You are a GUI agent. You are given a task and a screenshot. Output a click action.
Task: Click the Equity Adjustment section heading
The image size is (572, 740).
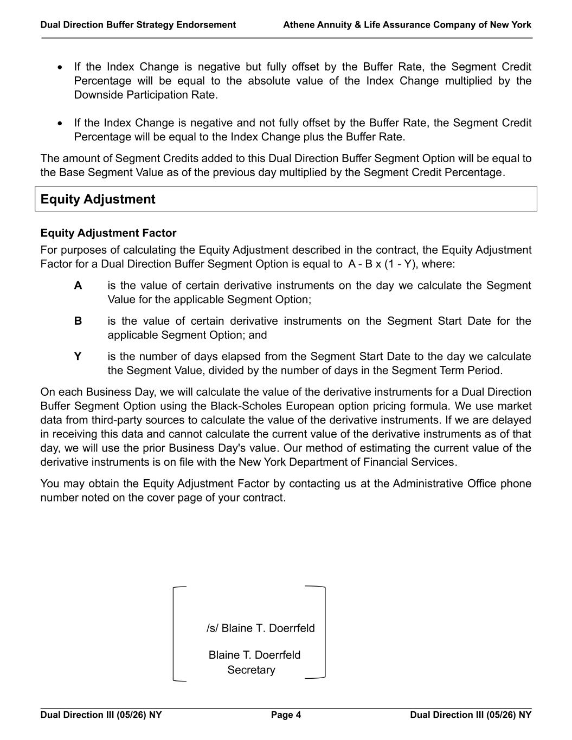(98, 199)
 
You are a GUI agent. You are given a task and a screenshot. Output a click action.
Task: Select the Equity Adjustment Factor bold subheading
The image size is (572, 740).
(108, 233)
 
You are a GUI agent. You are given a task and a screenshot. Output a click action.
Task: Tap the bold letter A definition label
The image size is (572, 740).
(78, 286)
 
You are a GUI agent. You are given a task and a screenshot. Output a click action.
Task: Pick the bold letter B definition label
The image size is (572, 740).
(78, 321)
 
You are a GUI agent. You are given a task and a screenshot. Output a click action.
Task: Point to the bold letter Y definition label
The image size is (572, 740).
(78, 356)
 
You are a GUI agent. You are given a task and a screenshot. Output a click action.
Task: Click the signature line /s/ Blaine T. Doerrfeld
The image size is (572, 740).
(260, 628)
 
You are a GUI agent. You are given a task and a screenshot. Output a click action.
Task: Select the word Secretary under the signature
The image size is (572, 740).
(251, 670)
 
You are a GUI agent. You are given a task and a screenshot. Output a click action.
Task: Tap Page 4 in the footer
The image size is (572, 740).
(286, 715)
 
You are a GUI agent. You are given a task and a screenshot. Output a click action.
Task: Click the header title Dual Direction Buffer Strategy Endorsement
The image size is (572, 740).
(138, 25)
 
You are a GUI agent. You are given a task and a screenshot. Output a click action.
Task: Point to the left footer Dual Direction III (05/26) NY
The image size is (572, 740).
(101, 715)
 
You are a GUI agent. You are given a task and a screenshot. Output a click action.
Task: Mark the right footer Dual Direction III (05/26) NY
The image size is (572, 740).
(471, 715)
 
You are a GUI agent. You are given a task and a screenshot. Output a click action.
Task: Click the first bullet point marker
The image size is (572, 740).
(60, 67)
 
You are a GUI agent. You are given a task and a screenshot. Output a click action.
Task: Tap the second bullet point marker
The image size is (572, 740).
(60, 123)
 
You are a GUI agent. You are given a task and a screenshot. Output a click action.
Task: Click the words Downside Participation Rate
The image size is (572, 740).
(145, 95)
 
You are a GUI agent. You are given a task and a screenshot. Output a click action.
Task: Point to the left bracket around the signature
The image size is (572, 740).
(175, 633)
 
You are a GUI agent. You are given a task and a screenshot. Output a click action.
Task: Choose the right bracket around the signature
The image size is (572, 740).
(324, 632)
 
